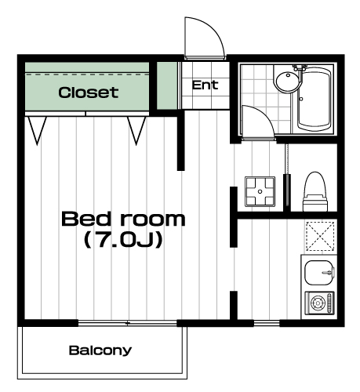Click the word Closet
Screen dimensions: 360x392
[89, 93]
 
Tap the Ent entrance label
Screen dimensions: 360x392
[205, 85]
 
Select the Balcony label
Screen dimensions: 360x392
[100, 350]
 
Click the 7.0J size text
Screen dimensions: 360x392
[123, 240]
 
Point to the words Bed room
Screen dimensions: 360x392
[123, 219]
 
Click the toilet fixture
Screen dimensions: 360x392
[315, 191]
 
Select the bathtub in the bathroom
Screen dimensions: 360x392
[315, 100]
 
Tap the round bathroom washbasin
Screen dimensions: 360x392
[286, 81]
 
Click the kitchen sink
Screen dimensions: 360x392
[319, 273]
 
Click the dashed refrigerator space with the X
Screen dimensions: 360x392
[320, 236]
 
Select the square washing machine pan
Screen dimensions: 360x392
[260, 191]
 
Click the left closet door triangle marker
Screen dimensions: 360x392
[37, 130]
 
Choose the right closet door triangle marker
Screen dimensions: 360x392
[136, 130]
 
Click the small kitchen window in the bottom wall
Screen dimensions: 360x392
[267, 324]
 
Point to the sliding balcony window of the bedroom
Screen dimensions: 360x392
[128, 323]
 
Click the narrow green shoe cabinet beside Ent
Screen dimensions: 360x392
[167, 85]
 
